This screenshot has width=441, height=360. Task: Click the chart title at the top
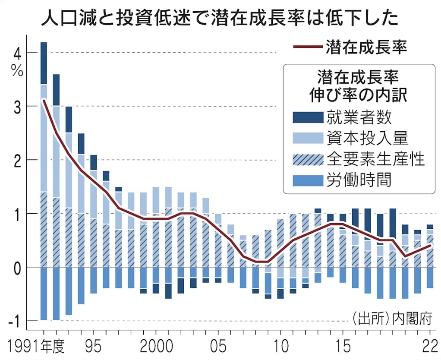pos(220,18)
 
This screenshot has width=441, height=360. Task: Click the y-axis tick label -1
pos(14,321)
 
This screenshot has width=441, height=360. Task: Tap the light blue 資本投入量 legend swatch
pos(307,138)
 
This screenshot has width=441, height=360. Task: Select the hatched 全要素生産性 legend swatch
pos(307,159)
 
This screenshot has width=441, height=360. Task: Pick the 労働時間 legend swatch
pos(307,180)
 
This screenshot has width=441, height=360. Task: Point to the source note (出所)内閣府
pos(392,320)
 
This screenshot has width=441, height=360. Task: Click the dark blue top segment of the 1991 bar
pos(44,63)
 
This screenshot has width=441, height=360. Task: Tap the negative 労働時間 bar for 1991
pos(44,294)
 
